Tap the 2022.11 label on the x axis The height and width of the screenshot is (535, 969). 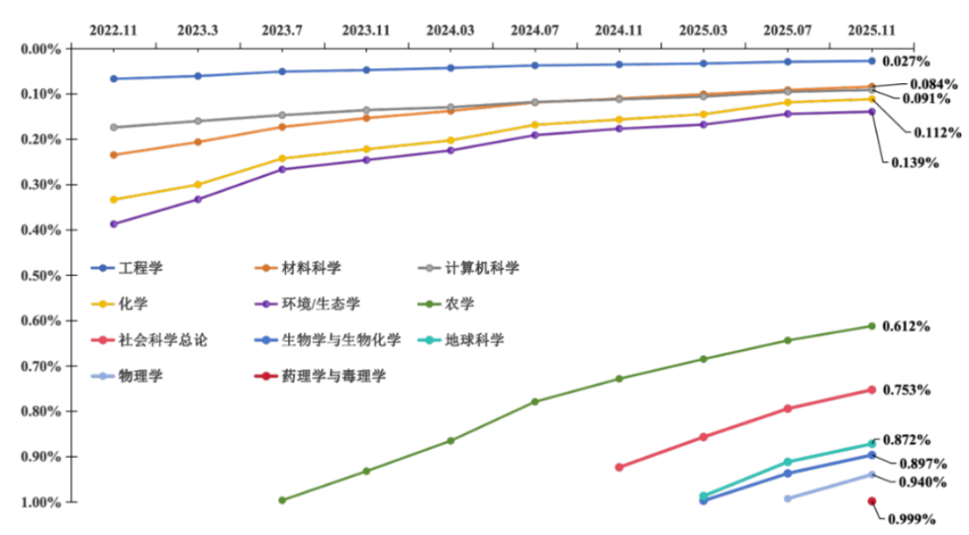113,30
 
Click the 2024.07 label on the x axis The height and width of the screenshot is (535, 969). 535,30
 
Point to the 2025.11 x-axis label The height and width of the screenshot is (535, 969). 872,30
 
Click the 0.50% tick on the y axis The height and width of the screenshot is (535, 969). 41,275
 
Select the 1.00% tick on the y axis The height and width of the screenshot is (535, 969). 41,502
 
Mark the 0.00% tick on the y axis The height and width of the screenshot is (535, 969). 41,48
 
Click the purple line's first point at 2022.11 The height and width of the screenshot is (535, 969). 113,224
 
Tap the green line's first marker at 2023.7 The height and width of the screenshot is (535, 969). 283,501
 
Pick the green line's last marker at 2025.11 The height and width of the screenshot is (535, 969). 871,326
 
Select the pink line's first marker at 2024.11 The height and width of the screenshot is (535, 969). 619,467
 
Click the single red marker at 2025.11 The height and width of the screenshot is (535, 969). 871,502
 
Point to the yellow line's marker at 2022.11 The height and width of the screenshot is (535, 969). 113,200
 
